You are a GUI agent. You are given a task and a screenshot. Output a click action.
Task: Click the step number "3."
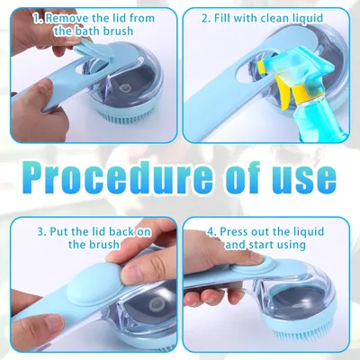click(x=41, y=231)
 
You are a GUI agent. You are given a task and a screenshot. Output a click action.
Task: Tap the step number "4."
click(x=212, y=231)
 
